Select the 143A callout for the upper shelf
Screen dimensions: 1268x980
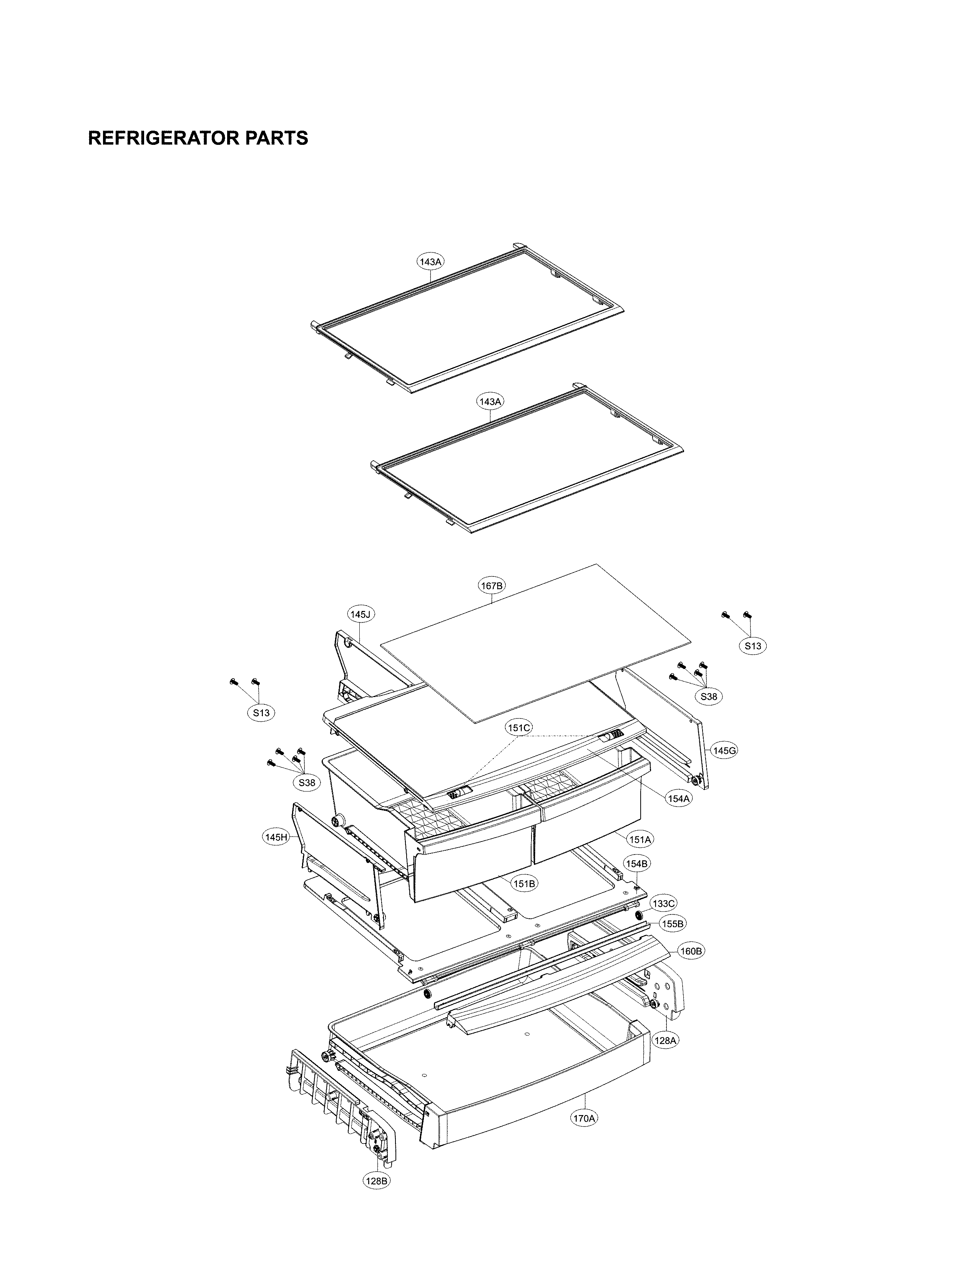(x=430, y=262)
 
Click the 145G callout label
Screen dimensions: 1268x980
(x=724, y=751)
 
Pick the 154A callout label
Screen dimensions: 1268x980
(x=678, y=798)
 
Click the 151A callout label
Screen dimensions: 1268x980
(x=640, y=839)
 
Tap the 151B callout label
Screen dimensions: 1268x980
(x=524, y=900)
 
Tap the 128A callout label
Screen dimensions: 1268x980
(x=665, y=1041)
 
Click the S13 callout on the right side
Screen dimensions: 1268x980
(x=752, y=646)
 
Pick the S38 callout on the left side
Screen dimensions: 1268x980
(x=307, y=783)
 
